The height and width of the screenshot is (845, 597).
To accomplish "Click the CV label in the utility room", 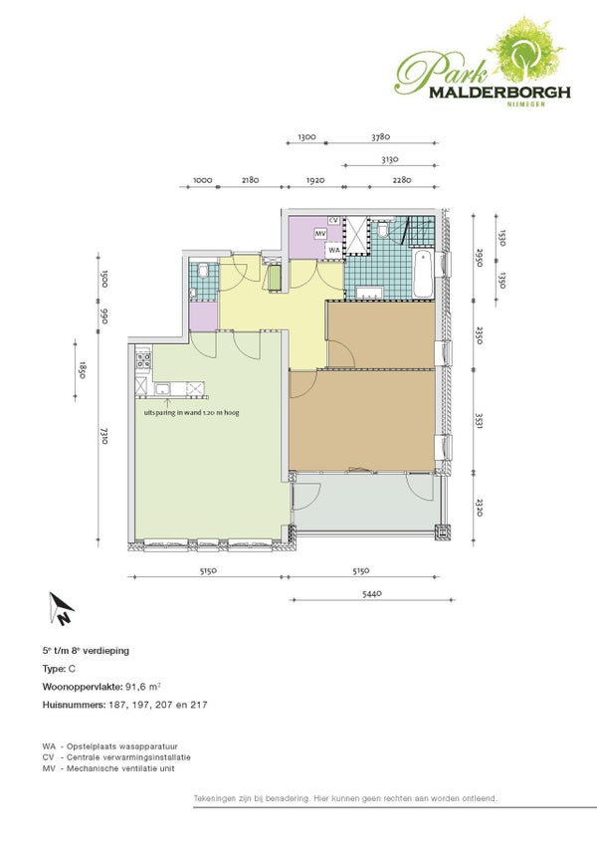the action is click(333, 220).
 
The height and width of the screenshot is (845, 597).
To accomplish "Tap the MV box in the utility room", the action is click(321, 233).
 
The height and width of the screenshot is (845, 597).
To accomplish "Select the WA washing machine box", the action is click(333, 250).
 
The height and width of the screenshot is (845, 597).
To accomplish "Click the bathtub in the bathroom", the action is click(423, 274).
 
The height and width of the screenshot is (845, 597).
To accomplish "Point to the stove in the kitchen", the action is click(143, 359).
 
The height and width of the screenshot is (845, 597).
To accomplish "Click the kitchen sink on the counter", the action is click(162, 388).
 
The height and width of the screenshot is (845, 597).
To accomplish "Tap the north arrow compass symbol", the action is click(61, 609).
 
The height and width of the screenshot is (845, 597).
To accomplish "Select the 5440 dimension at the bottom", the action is click(372, 593).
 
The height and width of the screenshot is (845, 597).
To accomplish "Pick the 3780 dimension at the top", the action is click(380, 137).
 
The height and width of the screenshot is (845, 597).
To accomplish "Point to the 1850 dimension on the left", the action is click(82, 370).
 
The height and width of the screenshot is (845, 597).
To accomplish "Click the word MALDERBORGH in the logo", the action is click(499, 93).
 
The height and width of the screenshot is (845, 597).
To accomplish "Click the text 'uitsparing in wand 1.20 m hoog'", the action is click(191, 413).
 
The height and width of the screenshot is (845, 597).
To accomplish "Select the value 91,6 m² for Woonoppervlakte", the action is click(143, 687).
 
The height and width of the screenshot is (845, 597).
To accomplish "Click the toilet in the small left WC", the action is click(203, 270).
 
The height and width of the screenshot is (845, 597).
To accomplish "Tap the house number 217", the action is click(198, 705).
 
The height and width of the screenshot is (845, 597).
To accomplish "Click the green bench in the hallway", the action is click(275, 278).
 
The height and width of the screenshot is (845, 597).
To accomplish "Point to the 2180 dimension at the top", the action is click(250, 180).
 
